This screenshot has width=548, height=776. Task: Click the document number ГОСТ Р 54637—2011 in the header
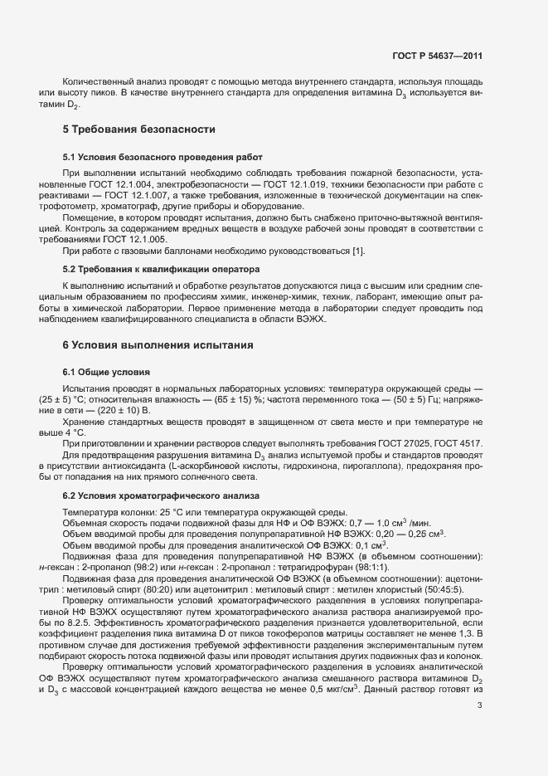(436, 56)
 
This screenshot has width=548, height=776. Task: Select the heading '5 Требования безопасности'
(139, 129)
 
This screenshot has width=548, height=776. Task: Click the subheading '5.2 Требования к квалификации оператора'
(162, 270)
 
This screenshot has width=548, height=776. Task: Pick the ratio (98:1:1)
(360, 567)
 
